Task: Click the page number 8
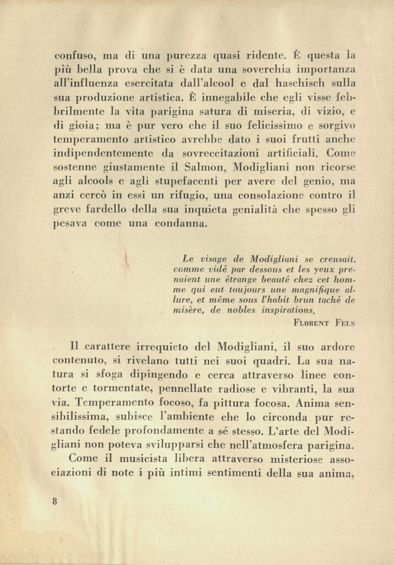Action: pos(55,502)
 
